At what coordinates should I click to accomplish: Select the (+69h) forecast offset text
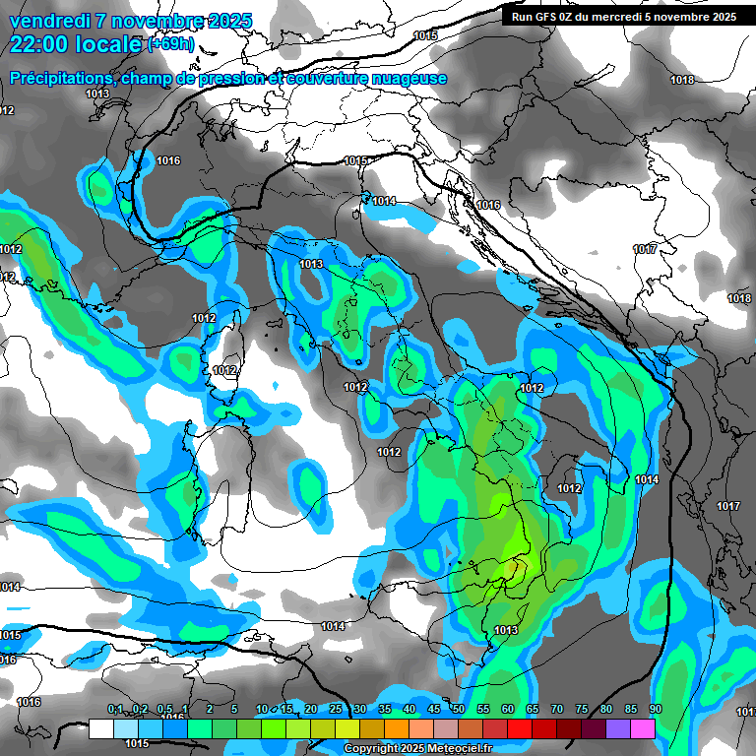[x=169, y=44]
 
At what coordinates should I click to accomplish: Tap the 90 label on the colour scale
[x=655, y=710]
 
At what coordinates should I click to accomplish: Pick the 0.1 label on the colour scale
[x=115, y=710]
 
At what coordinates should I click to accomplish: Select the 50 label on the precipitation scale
[x=458, y=710]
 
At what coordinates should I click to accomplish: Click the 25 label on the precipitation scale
[x=336, y=710]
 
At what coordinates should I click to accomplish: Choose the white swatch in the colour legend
[x=101, y=728]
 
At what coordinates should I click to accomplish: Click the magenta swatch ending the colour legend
[x=643, y=728]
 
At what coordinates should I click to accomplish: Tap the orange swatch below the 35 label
[x=397, y=728]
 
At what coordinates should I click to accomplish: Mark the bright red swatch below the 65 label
[x=544, y=728]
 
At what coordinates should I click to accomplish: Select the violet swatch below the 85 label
[x=618, y=728]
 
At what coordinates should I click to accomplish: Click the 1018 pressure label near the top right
[x=682, y=80]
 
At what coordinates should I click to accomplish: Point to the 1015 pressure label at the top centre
[x=425, y=35]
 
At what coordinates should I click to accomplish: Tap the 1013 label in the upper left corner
[x=97, y=94]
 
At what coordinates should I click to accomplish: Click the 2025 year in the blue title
[x=228, y=21]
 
